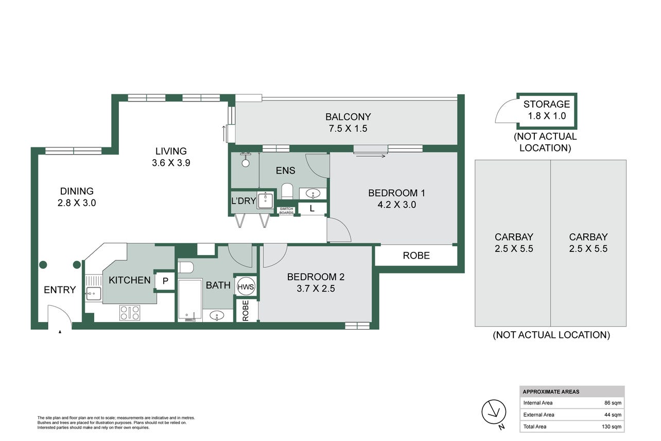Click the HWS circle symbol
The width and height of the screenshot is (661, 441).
pyautogui.click(x=246, y=286)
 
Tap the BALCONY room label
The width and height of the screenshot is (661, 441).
pyautogui.click(x=348, y=117)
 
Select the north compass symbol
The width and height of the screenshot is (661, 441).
pyautogui.click(x=494, y=414)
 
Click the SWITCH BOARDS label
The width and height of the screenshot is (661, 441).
pyautogui.click(x=286, y=211)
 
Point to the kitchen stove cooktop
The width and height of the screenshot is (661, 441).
pyautogui.click(x=130, y=313)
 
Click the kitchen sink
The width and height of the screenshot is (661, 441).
pyautogui.click(x=93, y=294)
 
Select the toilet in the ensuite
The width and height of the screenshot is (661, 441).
pyautogui.click(x=287, y=192)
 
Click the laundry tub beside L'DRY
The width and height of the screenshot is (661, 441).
pyautogui.click(x=266, y=200)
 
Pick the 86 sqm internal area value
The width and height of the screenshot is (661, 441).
pyautogui.click(x=613, y=403)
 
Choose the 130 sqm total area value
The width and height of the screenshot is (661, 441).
pyautogui.click(x=612, y=427)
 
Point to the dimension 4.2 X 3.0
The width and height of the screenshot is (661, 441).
pyautogui.click(x=396, y=205)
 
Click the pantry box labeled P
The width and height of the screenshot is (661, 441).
pyautogui.click(x=165, y=281)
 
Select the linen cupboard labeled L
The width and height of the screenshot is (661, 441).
pyautogui.click(x=312, y=209)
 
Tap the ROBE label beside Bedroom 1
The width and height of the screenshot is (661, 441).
pyautogui.click(x=416, y=256)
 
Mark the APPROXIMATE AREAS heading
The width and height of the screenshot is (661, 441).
pyautogui.click(x=551, y=392)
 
